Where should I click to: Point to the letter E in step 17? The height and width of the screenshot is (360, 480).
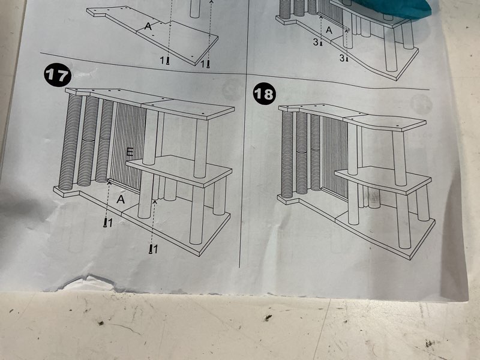[x=130, y=152]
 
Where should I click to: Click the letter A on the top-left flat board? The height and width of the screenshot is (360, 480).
[x=148, y=26]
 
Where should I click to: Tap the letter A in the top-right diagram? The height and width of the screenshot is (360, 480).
[x=328, y=29]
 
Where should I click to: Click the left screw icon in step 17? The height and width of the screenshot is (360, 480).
[x=106, y=223]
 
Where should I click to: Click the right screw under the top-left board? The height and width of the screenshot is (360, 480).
[x=208, y=63]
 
